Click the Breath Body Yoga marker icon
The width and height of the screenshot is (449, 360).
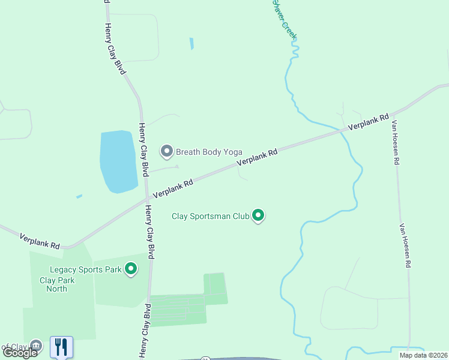[167, 151]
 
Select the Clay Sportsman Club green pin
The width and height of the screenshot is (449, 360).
[258, 215]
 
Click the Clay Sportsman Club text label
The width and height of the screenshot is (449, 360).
[210, 216]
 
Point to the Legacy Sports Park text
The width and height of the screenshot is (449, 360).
[86, 270]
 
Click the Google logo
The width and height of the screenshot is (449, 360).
[20, 352]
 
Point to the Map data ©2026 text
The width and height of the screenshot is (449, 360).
[423, 355]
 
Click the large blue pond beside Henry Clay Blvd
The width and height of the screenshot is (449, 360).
[118, 161]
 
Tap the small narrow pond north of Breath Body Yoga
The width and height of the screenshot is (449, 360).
[191, 44]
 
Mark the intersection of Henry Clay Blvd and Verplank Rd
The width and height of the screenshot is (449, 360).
[146, 199]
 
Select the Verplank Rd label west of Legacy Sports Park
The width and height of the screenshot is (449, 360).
[40, 241]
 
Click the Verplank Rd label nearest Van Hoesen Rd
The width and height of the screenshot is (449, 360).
[369, 122]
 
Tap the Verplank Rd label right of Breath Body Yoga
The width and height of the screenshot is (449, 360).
[257, 157]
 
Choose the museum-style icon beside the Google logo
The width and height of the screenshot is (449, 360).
[36, 346]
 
